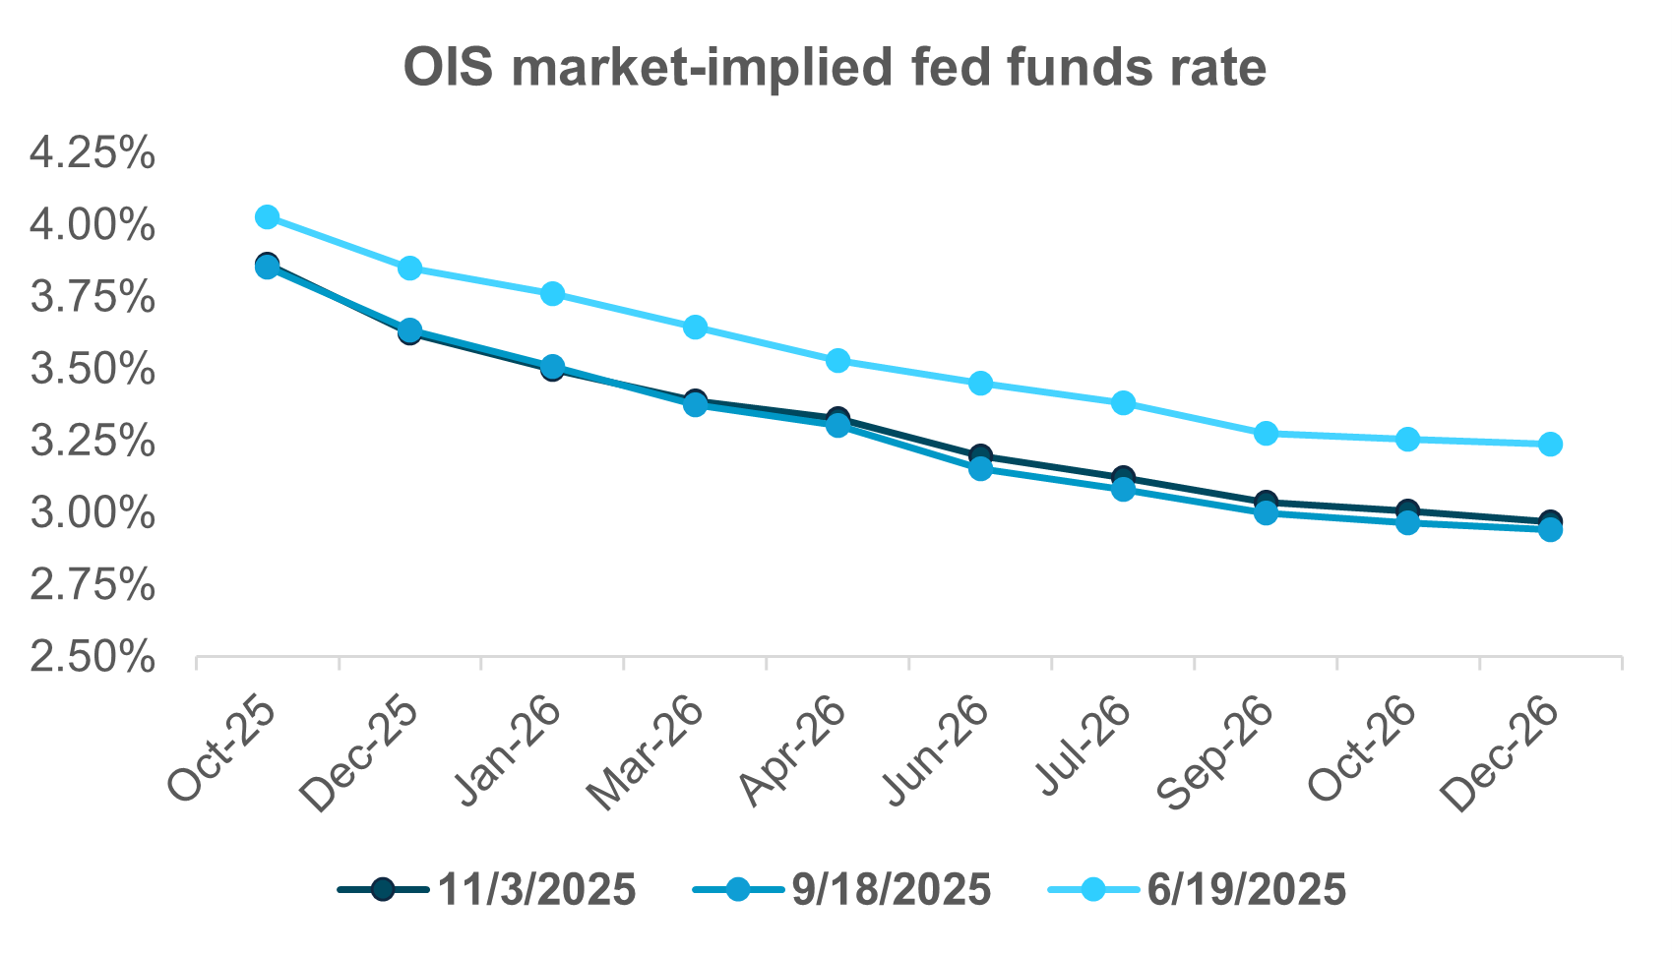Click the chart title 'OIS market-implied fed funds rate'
(835, 69)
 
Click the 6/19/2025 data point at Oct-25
(267, 217)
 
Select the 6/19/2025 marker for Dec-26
(1550, 445)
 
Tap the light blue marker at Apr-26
(837, 361)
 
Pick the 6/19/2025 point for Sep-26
(1266, 434)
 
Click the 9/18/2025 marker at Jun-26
(980, 468)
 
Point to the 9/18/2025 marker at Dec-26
(1550, 530)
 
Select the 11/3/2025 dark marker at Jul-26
(1123, 477)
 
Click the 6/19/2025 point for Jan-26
(552, 294)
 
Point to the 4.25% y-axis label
(93, 153)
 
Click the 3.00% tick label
(93, 513)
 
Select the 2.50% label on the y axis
(93, 657)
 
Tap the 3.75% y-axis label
(93, 297)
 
